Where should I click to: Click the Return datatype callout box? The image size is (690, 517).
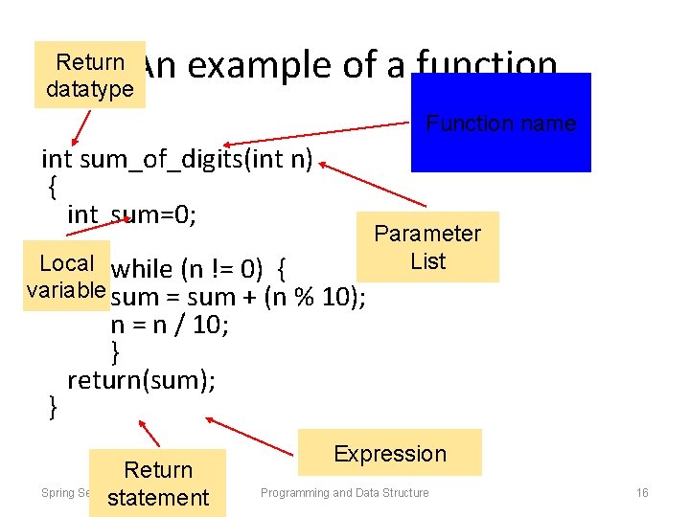[89, 75]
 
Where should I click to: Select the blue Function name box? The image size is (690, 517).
[500, 123]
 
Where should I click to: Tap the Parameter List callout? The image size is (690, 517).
[427, 247]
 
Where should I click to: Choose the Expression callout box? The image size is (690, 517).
[389, 453]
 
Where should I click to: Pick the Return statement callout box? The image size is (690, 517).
[158, 483]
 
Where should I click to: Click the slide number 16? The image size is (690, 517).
[642, 493]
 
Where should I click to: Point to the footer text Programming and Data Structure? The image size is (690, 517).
[345, 493]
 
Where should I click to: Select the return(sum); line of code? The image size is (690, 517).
[142, 380]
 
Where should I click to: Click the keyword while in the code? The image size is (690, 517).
[141, 268]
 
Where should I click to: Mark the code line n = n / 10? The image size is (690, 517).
[171, 324]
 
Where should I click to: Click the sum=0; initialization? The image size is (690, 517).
[154, 214]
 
